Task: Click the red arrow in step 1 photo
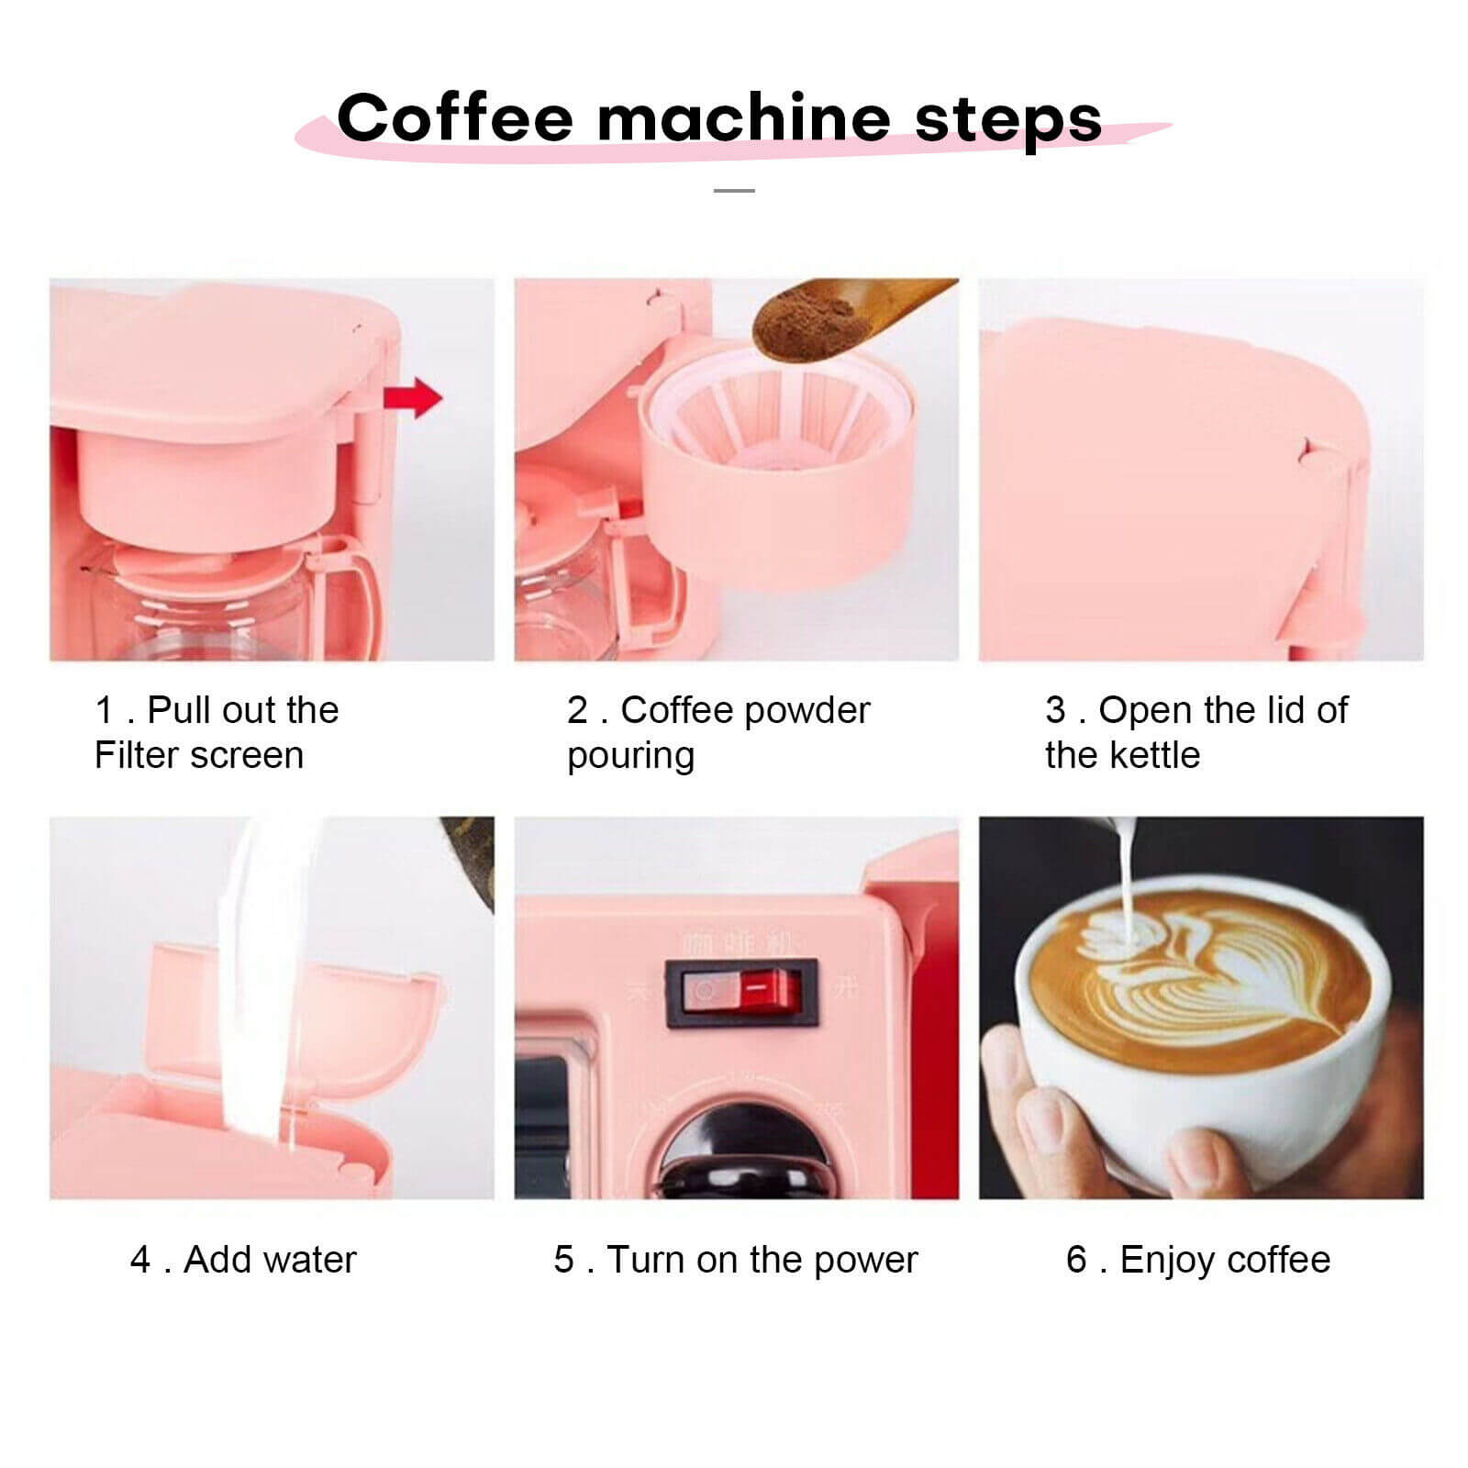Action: (x=414, y=398)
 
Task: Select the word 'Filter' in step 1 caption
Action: (x=135, y=755)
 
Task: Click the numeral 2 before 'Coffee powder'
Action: (x=576, y=710)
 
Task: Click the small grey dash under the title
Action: (x=734, y=191)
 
